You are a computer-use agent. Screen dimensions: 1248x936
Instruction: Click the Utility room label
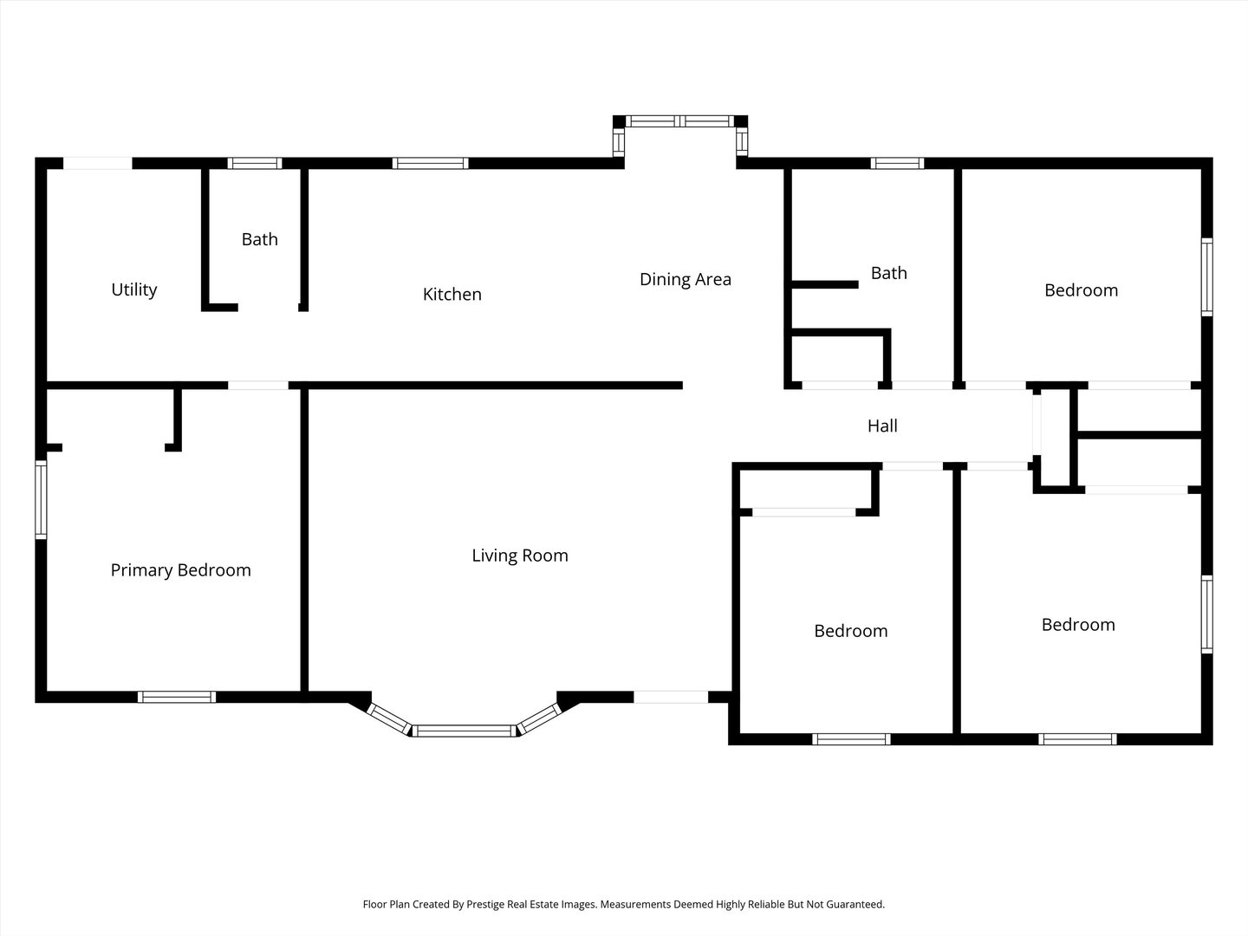(x=134, y=289)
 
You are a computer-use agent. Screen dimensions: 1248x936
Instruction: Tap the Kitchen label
(x=452, y=295)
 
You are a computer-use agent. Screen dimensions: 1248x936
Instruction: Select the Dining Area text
(x=686, y=280)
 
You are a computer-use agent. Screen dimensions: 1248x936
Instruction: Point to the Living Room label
(x=520, y=556)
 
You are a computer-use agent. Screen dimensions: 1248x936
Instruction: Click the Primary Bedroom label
(x=181, y=570)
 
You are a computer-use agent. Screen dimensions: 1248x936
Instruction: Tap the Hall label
(x=882, y=426)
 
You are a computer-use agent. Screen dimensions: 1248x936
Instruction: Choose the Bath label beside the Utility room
(x=260, y=239)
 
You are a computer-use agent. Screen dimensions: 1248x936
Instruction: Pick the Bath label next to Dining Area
(x=888, y=273)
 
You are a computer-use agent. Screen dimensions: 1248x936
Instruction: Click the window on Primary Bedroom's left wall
(x=41, y=499)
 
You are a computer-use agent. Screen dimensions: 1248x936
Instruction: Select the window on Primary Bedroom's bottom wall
(x=177, y=697)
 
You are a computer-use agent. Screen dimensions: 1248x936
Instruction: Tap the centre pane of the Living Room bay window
(x=465, y=731)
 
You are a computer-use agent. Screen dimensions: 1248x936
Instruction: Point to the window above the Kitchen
(x=431, y=164)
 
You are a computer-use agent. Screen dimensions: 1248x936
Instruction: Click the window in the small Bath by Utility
(x=255, y=164)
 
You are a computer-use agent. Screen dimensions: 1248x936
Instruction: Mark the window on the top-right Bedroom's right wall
(x=1206, y=276)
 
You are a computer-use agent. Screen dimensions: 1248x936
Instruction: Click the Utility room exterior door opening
(x=97, y=164)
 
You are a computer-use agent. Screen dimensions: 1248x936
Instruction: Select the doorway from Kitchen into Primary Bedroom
(x=258, y=386)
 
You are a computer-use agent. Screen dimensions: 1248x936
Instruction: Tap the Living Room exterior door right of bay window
(x=671, y=697)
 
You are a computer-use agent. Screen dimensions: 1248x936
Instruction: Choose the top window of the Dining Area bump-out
(x=680, y=121)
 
